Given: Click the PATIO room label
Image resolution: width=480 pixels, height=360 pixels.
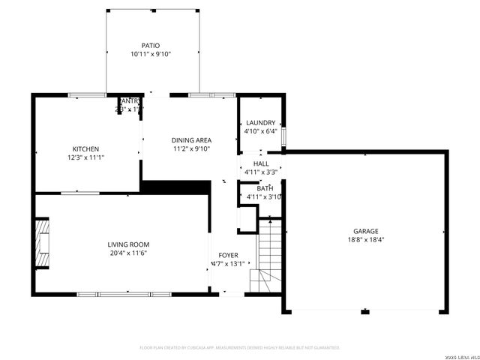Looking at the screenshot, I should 151,45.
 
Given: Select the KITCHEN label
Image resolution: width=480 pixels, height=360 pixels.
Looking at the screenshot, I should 85,148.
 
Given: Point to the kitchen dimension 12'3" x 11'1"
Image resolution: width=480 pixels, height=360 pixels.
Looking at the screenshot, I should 85,157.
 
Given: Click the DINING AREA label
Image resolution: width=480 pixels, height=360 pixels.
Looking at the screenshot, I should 191,140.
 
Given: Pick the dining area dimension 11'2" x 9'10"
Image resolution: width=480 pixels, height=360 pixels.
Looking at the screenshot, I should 191,148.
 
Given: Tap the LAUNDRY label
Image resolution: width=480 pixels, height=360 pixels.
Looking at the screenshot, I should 260,123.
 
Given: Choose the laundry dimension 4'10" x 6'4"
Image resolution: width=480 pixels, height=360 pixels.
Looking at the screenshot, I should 260,131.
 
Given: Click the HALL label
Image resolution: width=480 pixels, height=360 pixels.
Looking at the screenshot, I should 261,163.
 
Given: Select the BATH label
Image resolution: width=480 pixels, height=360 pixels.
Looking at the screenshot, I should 265,188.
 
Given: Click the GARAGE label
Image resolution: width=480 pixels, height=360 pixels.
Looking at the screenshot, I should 366,231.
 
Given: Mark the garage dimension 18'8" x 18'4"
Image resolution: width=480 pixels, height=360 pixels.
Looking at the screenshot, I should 366,240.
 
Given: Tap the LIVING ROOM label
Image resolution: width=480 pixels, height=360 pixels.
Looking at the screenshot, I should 128,244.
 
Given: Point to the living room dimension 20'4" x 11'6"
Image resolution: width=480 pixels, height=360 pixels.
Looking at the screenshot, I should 128,253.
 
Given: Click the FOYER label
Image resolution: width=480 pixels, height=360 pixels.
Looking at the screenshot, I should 228,256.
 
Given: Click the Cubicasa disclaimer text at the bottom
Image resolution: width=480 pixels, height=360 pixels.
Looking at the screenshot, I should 240,347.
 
